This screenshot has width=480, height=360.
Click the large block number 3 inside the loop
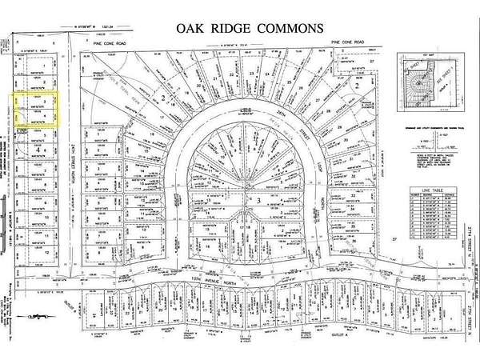click(258, 199)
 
